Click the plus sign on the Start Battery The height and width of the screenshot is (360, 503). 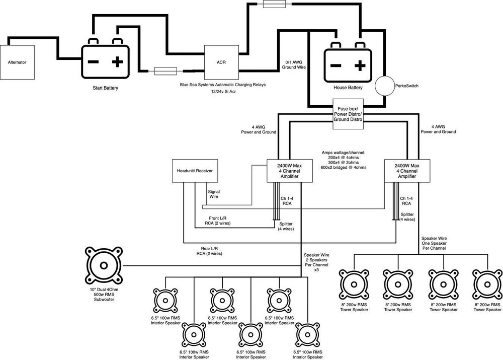[x=117, y=62]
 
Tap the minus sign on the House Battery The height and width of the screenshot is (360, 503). [x=335, y=65]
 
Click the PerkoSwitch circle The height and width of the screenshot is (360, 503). [x=389, y=86]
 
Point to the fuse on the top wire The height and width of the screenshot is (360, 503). [x=276, y=4]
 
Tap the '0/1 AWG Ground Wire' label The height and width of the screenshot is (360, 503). [x=295, y=64]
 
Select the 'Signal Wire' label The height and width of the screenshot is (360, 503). [x=214, y=194]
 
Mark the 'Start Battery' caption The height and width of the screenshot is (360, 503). [x=106, y=88]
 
